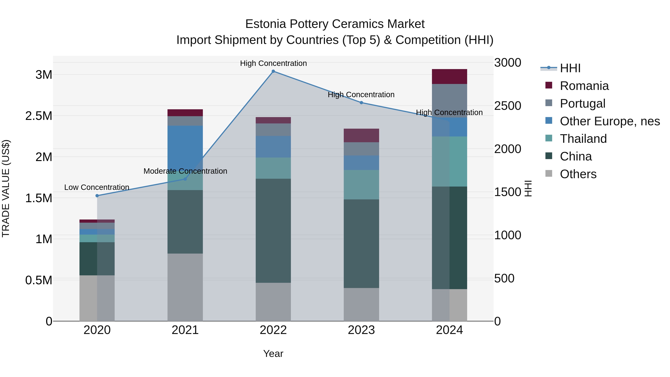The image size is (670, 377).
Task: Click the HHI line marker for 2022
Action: (273, 71)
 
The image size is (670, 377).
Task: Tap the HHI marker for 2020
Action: (97, 196)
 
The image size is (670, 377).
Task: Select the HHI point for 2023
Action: (361, 103)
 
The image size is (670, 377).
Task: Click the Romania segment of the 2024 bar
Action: (449, 77)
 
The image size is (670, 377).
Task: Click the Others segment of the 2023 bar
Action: (361, 304)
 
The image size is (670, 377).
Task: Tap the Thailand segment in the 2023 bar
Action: (361, 185)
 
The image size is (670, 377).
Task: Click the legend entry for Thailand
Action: (583, 139)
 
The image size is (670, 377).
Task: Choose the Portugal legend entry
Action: (582, 104)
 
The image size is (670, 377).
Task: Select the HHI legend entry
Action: (570, 68)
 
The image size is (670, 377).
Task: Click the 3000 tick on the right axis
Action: (508, 63)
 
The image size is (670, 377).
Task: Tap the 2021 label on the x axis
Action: (185, 330)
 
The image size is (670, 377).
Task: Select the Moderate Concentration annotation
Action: (185, 171)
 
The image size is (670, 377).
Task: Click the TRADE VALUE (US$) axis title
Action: (6, 188)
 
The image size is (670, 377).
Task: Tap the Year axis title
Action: (273, 354)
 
